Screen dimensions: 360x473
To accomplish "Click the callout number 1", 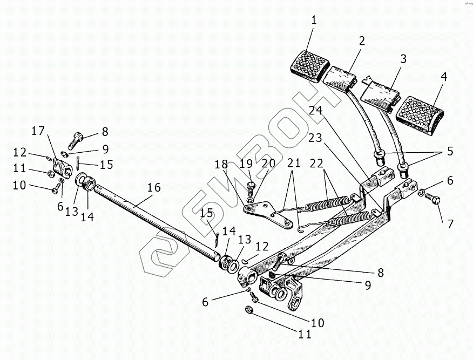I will point(314,21).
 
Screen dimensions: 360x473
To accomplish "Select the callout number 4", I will point(443,77).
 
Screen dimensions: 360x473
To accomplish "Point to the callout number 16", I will point(153,188).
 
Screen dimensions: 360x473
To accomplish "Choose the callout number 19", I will point(246,163).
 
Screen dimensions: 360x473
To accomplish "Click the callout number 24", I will point(316,111).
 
